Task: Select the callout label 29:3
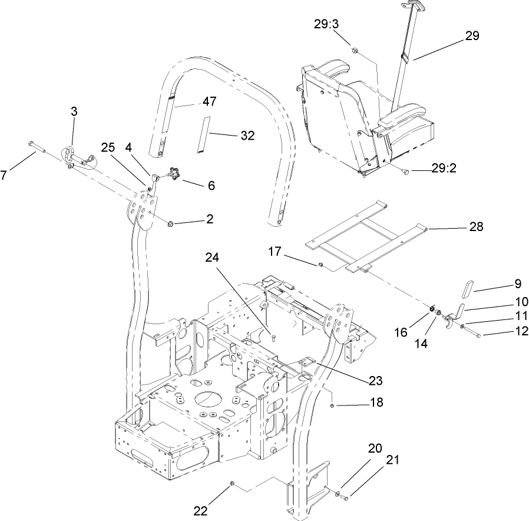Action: (326, 23)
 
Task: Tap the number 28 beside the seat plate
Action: (476, 227)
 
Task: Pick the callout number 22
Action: (201, 510)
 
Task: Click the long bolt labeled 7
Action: (35, 146)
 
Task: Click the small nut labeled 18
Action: (333, 405)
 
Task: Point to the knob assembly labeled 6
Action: (173, 174)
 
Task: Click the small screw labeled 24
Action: (274, 337)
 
